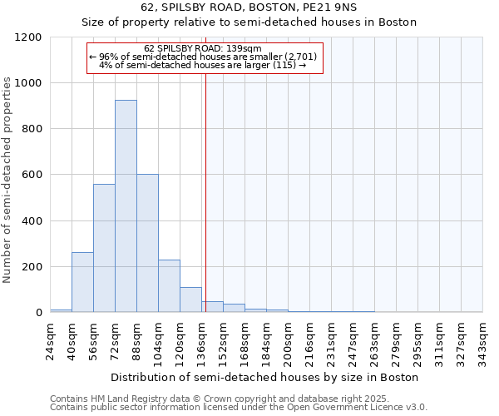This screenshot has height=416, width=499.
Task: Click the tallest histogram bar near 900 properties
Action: [126, 206]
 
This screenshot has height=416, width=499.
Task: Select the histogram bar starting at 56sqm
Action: [104, 248]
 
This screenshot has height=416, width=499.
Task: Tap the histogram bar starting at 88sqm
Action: [147, 243]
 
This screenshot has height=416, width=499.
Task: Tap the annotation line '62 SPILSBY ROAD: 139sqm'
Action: [203, 48]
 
